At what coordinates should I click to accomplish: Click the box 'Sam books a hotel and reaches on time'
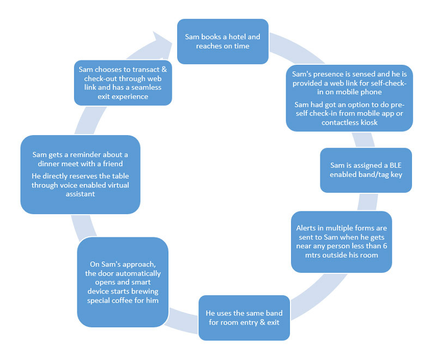point(222,41)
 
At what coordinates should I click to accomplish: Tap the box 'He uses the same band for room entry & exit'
point(243,318)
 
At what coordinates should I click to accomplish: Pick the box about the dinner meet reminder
point(80,174)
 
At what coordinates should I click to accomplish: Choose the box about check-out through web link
point(123,83)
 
